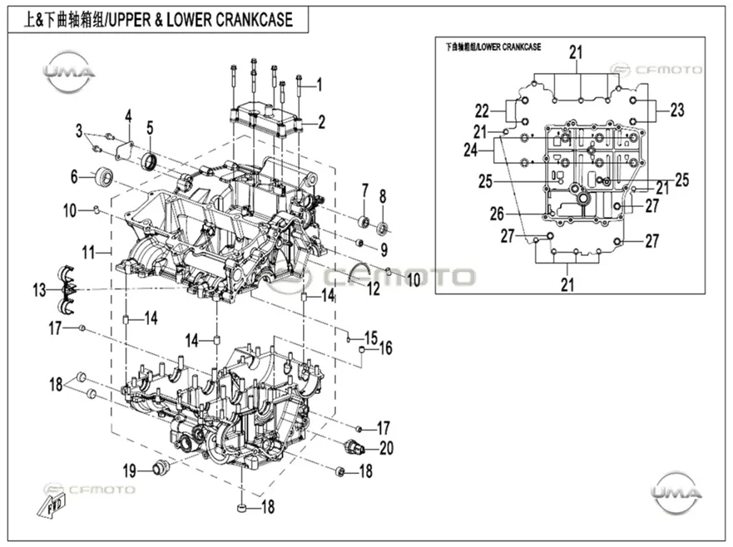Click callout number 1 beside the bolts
[x=319, y=85]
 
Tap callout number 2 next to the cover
[x=321, y=122]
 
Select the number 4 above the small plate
[x=129, y=116]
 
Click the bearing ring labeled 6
[x=104, y=176]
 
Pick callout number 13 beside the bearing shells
[x=39, y=290]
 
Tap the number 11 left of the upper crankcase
[x=88, y=253]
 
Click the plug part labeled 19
[x=161, y=466]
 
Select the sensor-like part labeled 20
[x=355, y=447]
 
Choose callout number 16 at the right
[x=386, y=348]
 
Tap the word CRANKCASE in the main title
[x=254, y=20]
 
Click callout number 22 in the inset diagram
[x=482, y=111]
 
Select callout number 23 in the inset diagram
[x=677, y=111]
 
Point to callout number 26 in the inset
[x=497, y=214]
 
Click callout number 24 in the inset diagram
[x=471, y=150]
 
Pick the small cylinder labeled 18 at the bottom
[x=242, y=508]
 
